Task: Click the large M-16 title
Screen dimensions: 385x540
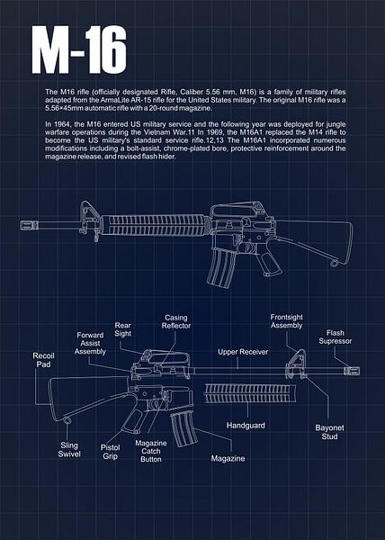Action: pos(79,50)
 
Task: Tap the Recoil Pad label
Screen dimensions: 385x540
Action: pos(43,360)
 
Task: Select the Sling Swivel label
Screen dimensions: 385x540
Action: pos(69,450)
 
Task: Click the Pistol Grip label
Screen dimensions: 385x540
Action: pos(110,452)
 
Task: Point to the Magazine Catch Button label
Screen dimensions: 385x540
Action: pos(151,451)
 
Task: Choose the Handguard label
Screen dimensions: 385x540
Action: pos(246,426)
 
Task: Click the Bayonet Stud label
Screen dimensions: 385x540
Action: pos(329,432)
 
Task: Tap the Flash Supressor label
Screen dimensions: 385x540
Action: pos(336,337)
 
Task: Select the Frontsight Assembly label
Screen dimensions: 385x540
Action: pos(286,321)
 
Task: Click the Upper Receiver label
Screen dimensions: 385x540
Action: pos(243,352)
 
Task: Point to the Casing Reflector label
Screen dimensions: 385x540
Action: pos(176,321)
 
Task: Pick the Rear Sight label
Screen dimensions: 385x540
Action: pos(123,329)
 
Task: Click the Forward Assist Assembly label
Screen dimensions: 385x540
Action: pos(90,344)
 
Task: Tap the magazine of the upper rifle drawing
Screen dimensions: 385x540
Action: pos(220,267)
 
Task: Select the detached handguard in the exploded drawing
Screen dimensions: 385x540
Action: pos(250,393)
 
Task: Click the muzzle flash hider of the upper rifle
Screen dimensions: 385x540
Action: pos(30,226)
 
